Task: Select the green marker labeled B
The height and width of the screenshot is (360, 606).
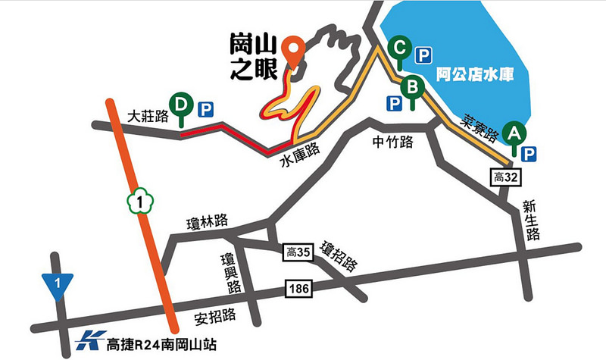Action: pos(412,86)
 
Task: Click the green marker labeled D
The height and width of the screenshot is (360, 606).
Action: pos(181,104)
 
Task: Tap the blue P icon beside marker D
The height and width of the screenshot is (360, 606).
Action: pos(205,110)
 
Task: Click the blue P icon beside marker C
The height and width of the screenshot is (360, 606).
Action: pos(423,55)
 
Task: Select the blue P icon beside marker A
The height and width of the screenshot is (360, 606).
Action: pos(529,154)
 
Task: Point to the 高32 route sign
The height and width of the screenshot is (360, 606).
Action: pos(504,177)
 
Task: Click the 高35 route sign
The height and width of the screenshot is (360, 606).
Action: pos(296,252)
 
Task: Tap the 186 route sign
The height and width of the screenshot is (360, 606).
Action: pos(296,289)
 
